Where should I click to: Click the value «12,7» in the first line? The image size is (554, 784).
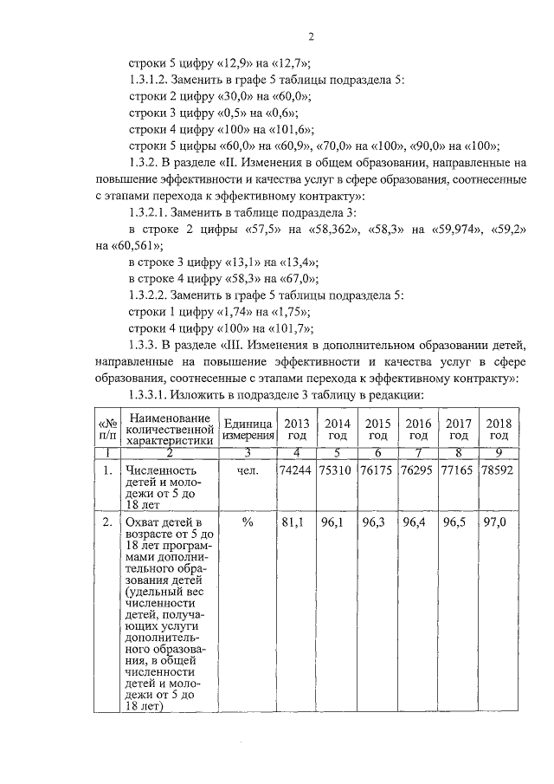[x=286, y=63]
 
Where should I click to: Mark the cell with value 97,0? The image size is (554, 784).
[x=498, y=524]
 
